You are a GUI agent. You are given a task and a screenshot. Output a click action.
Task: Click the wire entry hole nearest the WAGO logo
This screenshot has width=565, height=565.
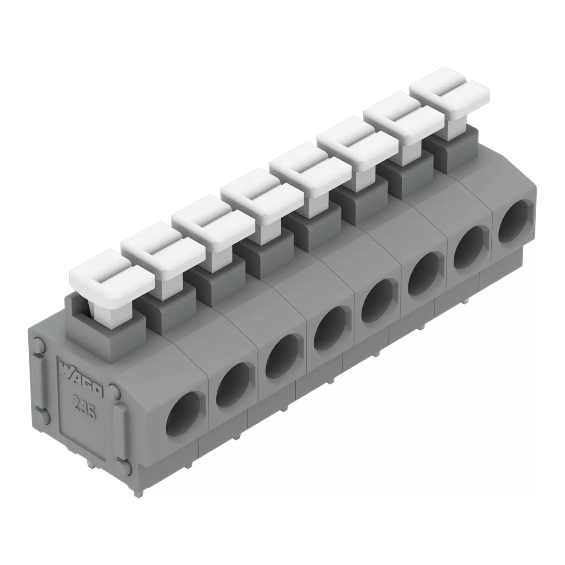pyautogui.click(x=183, y=414)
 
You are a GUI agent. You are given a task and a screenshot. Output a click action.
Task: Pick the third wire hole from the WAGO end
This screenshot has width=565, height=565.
pyautogui.click(x=282, y=357)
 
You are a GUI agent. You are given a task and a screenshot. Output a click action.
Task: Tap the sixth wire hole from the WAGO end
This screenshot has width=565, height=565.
pyautogui.click(x=423, y=274)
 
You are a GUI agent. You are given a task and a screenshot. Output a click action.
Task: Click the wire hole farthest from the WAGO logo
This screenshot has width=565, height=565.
pyautogui.click(x=513, y=222)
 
